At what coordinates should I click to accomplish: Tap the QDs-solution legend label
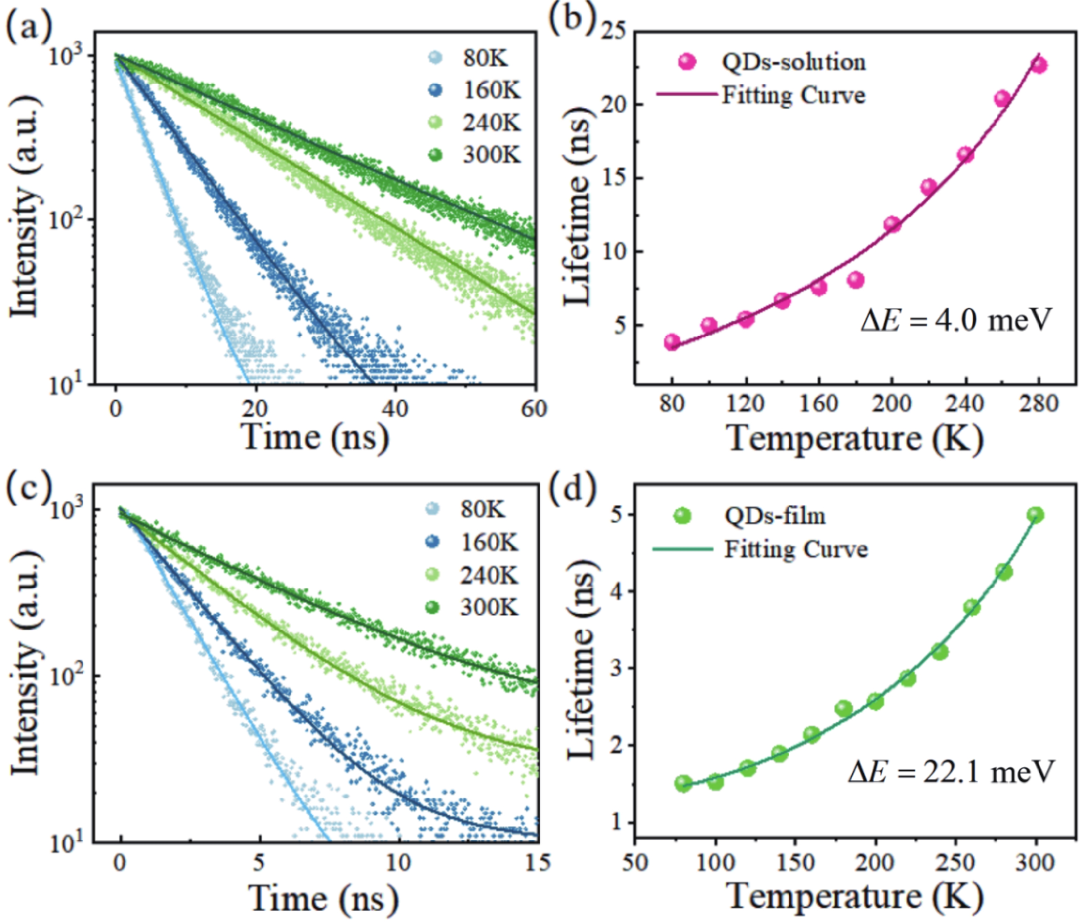point(793,62)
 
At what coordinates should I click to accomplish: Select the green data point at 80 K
point(683,783)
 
